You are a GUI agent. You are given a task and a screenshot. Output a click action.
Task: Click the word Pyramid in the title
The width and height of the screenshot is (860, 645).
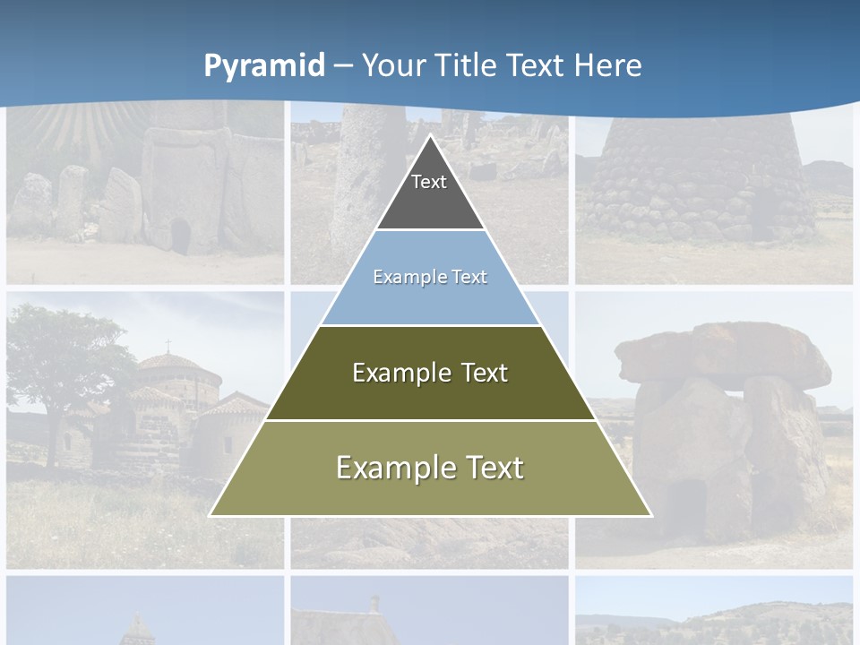(x=263, y=66)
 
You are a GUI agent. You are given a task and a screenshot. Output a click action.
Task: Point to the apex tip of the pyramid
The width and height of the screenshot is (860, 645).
(x=430, y=136)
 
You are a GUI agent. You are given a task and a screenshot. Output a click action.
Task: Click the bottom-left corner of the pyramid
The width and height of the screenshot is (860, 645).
(x=211, y=515)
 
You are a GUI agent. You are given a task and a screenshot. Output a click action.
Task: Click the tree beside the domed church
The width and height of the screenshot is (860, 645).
(x=63, y=358)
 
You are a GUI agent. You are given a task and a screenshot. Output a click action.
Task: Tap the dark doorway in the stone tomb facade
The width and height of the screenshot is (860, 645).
(x=180, y=236)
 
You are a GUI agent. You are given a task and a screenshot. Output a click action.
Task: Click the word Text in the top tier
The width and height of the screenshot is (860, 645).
(x=429, y=182)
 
